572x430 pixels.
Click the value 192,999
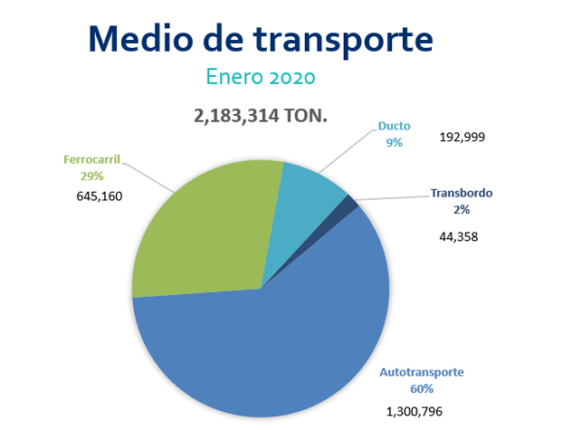coord(462,138)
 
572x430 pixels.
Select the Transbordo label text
coord(462,193)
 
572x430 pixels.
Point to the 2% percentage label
coord(462,208)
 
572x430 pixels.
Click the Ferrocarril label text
coord(92,159)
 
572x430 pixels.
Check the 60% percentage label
coord(422,388)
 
